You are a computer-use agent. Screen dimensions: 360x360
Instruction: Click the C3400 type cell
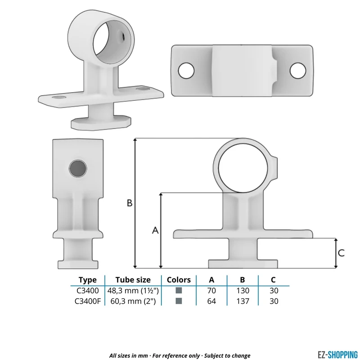tap(87, 291)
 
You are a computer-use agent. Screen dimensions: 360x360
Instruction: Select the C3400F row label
tap(88, 301)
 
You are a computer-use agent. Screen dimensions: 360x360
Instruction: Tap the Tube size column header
tap(133, 280)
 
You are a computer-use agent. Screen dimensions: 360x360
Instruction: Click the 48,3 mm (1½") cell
tap(133, 291)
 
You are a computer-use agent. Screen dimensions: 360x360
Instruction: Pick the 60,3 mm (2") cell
tap(133, 301)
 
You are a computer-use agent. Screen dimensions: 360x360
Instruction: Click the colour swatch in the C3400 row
tap(179, 290)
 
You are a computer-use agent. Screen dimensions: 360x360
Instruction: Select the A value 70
tap(211, 291)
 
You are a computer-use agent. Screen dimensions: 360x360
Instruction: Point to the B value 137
tap(243, 301)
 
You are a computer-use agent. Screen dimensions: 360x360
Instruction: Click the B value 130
tap(243, 291)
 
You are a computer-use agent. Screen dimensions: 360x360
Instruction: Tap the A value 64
tap(211, 301)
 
